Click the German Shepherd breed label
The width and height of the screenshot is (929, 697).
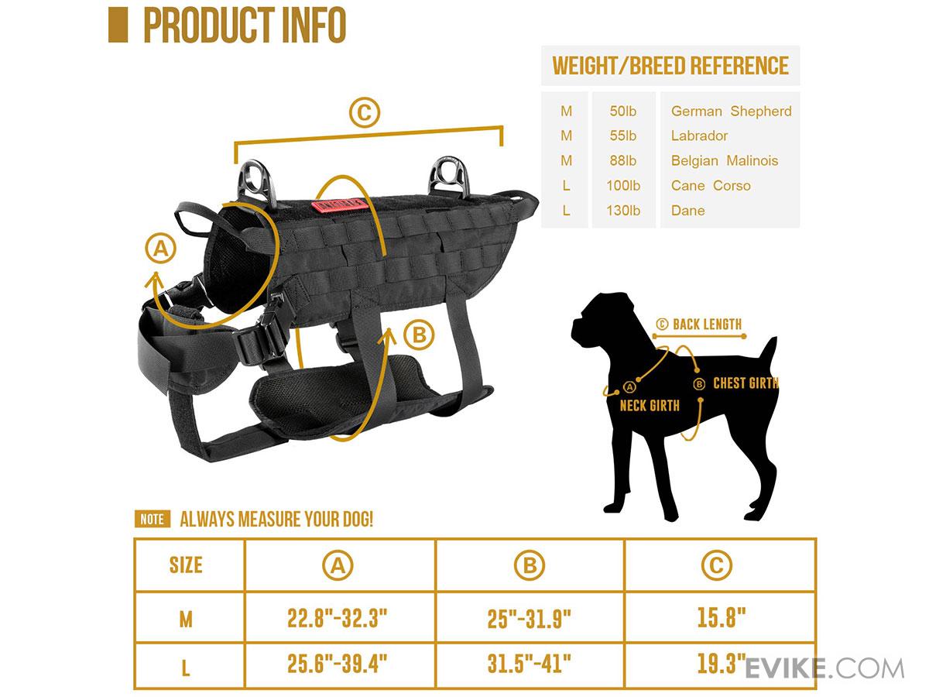[731, 112]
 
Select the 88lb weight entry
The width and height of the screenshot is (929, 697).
[623, 161]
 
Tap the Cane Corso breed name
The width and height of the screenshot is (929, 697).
[711, 185]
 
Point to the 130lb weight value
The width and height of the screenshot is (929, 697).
[623, 211]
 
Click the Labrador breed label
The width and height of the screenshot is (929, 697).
[699, 136]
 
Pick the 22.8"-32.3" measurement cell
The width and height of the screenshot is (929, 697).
[338, 618]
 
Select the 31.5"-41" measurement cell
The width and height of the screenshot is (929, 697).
[529, 663]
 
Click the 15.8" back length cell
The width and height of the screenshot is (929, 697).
[722, 617]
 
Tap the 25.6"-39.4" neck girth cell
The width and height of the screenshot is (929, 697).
[338, 663]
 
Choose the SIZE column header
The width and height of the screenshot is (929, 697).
[186, 565]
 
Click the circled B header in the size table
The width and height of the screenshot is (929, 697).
[530, 565]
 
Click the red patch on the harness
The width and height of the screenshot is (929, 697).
[337, 205]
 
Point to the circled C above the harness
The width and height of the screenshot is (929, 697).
[365, 112]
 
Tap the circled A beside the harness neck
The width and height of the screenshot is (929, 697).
[160, 249]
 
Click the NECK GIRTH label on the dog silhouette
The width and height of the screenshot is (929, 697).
[650, 406]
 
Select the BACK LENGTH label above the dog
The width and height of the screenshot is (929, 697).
[707, 324]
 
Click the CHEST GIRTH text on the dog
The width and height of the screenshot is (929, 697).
[746, 383]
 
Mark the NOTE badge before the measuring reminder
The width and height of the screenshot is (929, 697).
[153, 519]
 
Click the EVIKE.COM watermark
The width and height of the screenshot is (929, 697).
[824, 668]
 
